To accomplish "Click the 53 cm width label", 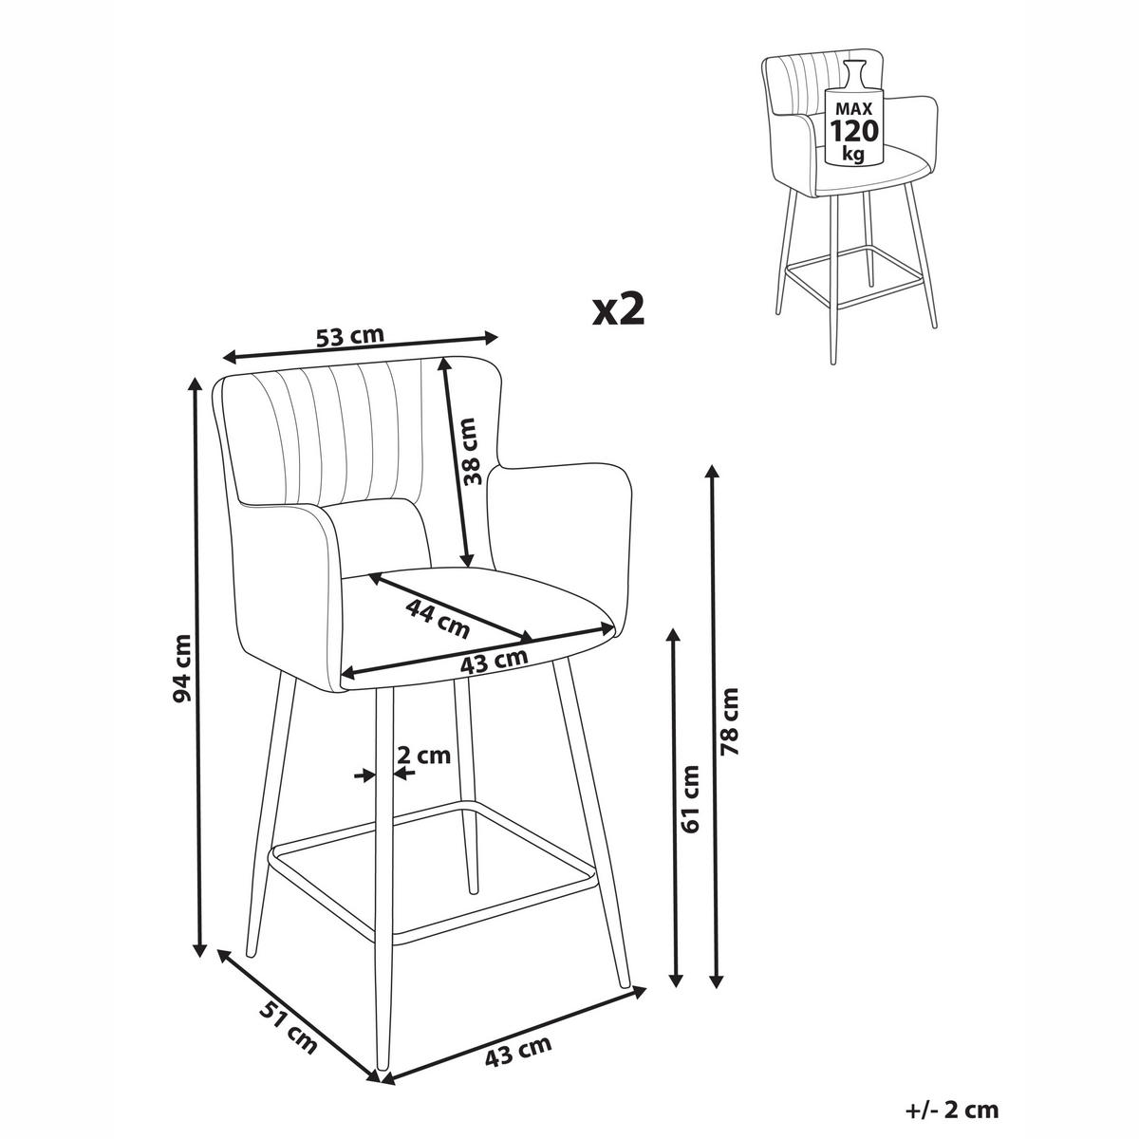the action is (x=350, y=336).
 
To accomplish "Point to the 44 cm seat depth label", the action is (x=438, y=618).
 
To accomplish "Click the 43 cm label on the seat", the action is (x=495, y=661).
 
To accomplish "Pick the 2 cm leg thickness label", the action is (x=422, y=755).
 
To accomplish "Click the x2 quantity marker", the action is (x=618, y=310).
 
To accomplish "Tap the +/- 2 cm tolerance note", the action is (x=952, y=1110).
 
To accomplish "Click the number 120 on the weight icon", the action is (x=854, y=131).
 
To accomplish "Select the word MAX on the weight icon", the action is (x=854, y=109).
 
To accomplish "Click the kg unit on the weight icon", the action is (x=854, y=155).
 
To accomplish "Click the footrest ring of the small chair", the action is (x=852, y=280).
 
